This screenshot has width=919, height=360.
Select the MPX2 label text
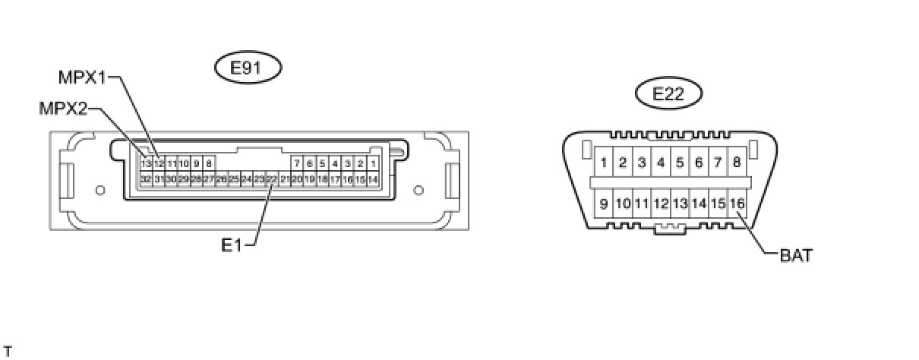point(64,109)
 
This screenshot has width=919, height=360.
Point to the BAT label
point(796,256)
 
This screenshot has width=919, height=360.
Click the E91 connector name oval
point(247,68)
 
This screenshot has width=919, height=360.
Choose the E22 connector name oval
point(668,94)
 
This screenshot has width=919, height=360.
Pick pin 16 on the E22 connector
point(737,204)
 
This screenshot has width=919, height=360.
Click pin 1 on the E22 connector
point(603,162)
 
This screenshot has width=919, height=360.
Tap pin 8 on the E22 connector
point(737,162)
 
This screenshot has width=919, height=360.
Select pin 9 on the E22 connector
point(603,204)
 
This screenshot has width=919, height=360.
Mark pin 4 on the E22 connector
point(661,162)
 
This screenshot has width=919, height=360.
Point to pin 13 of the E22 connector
point(680,204)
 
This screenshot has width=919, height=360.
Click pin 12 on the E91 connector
point(159,163)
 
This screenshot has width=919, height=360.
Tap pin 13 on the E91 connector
point(146,163)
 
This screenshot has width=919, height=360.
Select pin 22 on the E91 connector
point(271,179)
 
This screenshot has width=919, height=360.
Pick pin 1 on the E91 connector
point(373,163)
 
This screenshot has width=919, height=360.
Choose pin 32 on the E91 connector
point(146,179)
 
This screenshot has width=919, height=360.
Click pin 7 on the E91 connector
point(298,163)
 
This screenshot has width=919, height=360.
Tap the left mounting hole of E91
point(99,189)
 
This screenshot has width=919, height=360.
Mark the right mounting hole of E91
point(417,189)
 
